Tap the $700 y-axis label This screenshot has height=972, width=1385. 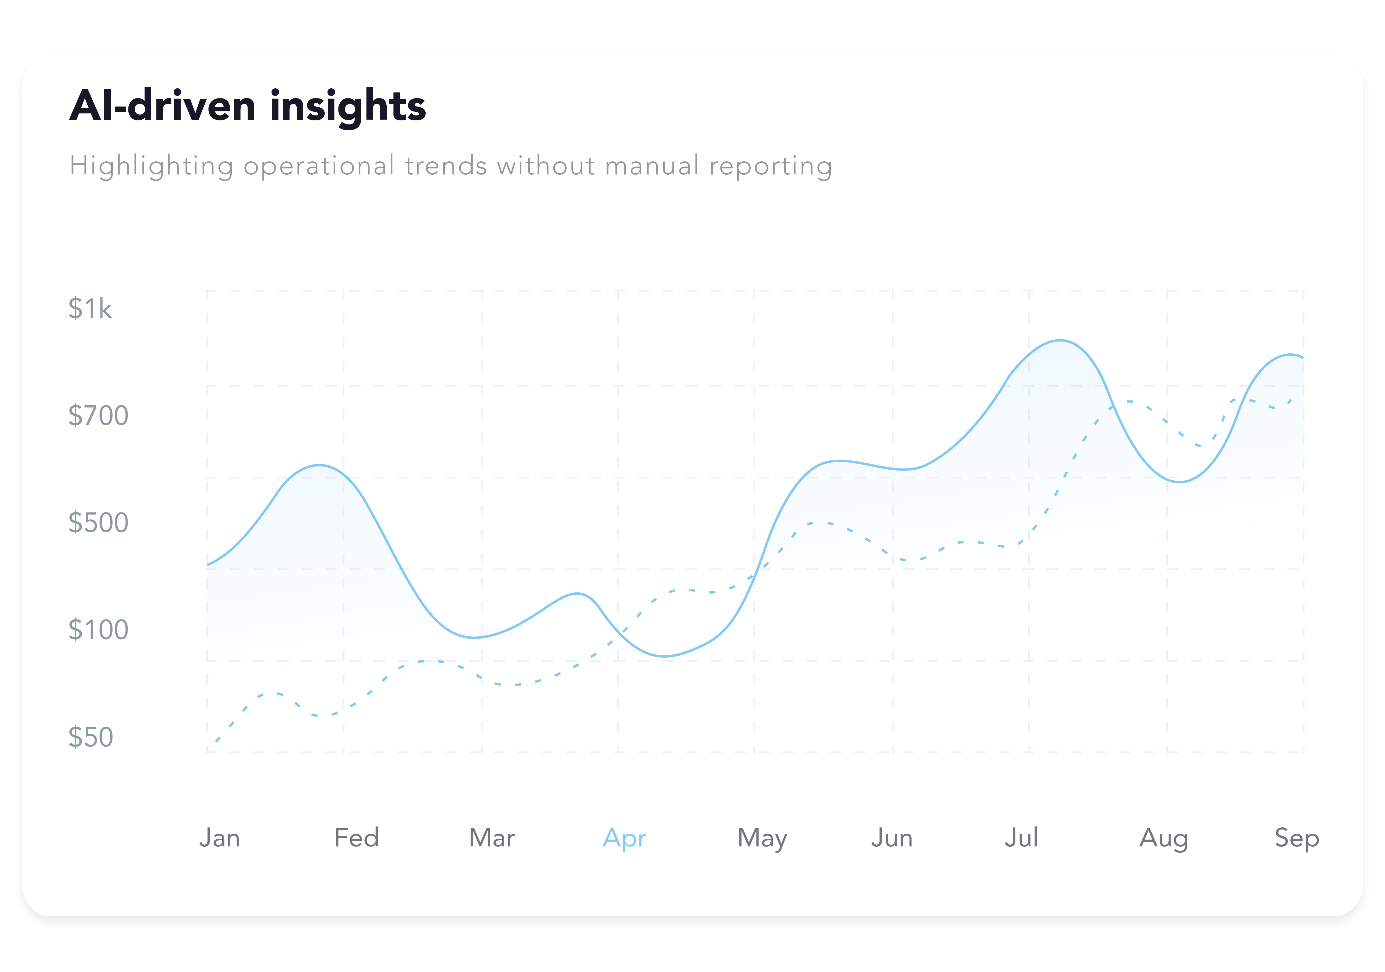(98, 416)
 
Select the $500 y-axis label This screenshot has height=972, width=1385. (98, 523)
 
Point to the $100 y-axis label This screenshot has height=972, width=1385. (98, 630)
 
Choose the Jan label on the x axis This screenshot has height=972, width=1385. (220, 838)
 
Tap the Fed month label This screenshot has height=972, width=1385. (357, 838)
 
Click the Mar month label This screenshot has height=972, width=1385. (492, 838)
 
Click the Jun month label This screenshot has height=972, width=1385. (892, 838)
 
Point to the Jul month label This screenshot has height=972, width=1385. (1021, 838)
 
